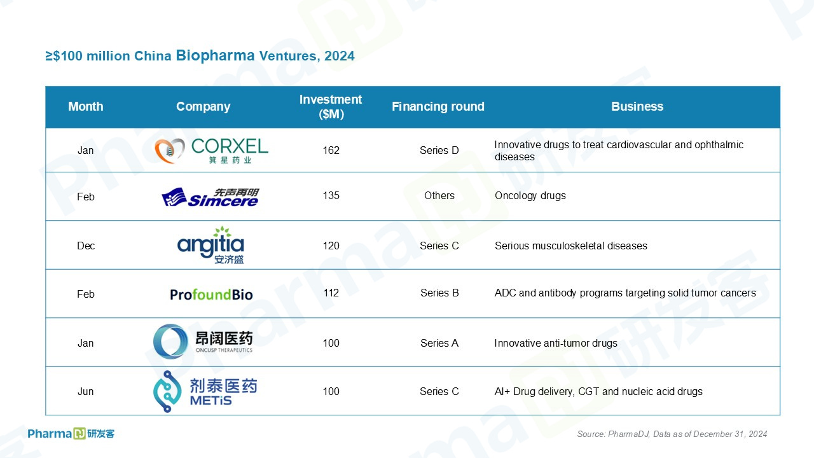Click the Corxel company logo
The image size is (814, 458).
pos(211,151)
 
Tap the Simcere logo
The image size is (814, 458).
pos(210,197)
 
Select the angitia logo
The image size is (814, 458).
pos(210,245)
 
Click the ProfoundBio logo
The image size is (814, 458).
pos(211,295)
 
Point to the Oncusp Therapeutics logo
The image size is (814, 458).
pos(203,342)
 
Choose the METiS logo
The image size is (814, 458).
pos(205,391)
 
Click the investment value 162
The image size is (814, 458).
pos(331,150)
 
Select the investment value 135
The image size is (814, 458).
pos(331,195)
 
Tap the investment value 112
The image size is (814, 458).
pos(331,293)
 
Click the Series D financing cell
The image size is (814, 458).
pos(439,150)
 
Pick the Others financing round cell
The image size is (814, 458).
pos(439,195)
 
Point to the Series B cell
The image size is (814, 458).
pos(439,293)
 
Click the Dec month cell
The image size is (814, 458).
pos(86,246)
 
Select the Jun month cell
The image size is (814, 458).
pos(85,391)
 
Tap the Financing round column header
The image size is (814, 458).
pos(438,106)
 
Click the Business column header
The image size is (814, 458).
pos(637,106)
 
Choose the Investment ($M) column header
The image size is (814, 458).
pos(331,107)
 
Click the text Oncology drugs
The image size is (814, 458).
pos(530,195)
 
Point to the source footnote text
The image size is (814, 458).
pos(672,434)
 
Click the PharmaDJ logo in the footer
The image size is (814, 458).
pos(71,434)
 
